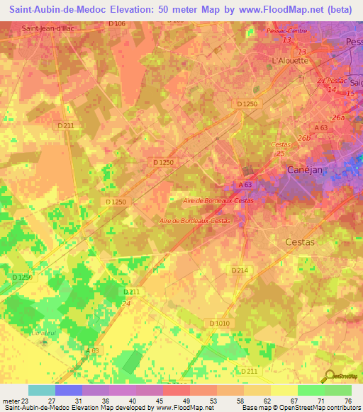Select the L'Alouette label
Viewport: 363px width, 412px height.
click(x=290, y=61)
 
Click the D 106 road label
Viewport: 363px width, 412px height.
click(x=118, y=24)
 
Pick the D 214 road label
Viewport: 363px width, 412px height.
click(x=240, y=270)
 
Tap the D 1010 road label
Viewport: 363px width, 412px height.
click(x=220, y=323)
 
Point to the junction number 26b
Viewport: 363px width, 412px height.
click(x=304, y=137)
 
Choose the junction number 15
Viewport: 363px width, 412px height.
click(x=350, y=93)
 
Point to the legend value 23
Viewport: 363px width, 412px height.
click(x=28, y=400)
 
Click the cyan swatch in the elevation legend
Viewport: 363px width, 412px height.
click(x=42, y=390)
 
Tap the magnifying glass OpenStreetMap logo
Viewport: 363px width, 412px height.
click(x=330, y=376)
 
